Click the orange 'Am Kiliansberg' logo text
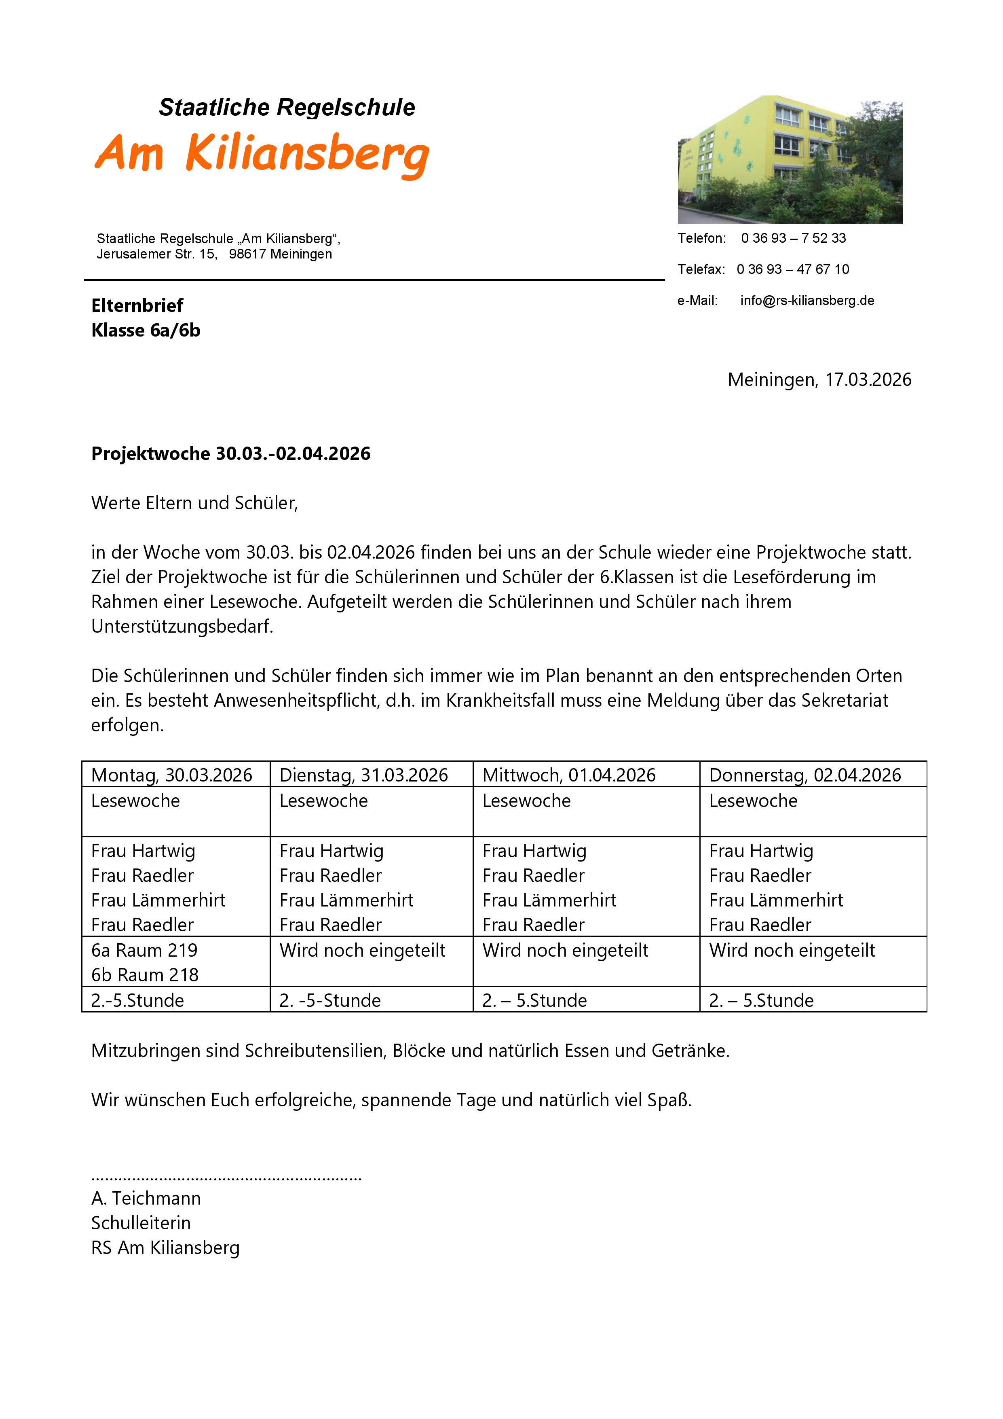(262, 153)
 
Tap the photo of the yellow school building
(790, 159)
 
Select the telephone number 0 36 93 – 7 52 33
(793, 239)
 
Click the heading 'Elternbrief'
(137, 305)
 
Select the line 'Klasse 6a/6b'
(146, 330)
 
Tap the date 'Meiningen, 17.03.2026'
(819, 379)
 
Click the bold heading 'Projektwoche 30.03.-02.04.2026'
(230, 453)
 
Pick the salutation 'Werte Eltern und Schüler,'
(194, 503)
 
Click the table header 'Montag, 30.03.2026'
(172, 775)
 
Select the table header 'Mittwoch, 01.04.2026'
(569, 775)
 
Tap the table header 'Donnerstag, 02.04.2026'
(805, 775)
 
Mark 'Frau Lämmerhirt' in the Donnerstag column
(776, 900)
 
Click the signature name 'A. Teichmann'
(146, 1199)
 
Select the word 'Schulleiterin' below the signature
(141, 1223)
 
